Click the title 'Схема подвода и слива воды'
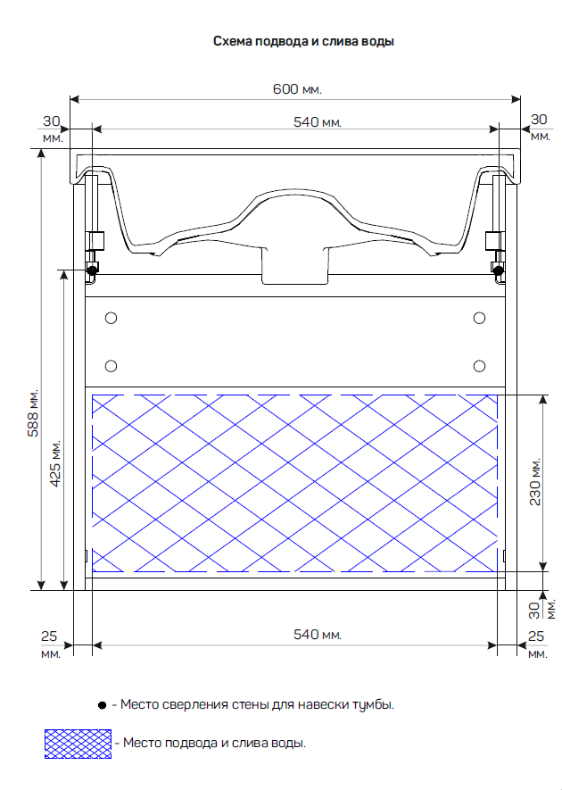pyautogui.click(x=303, y=41)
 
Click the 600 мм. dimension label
pyautogui.click(x=297, y=89)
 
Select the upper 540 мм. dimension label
pyautogui.click(x=318, y=122)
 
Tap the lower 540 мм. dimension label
pyautogui.click(x=318, y=635)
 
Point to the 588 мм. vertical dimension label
pyautogui.click(x=33, y=413)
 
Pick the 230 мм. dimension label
pyautogui.click(x=535, y=481)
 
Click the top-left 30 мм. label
pyautogui.click(x=52, y=129)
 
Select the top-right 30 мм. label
pyautogui.click(x=540, y=127)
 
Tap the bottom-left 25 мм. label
pyautogui.click(x=50, y=644)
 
